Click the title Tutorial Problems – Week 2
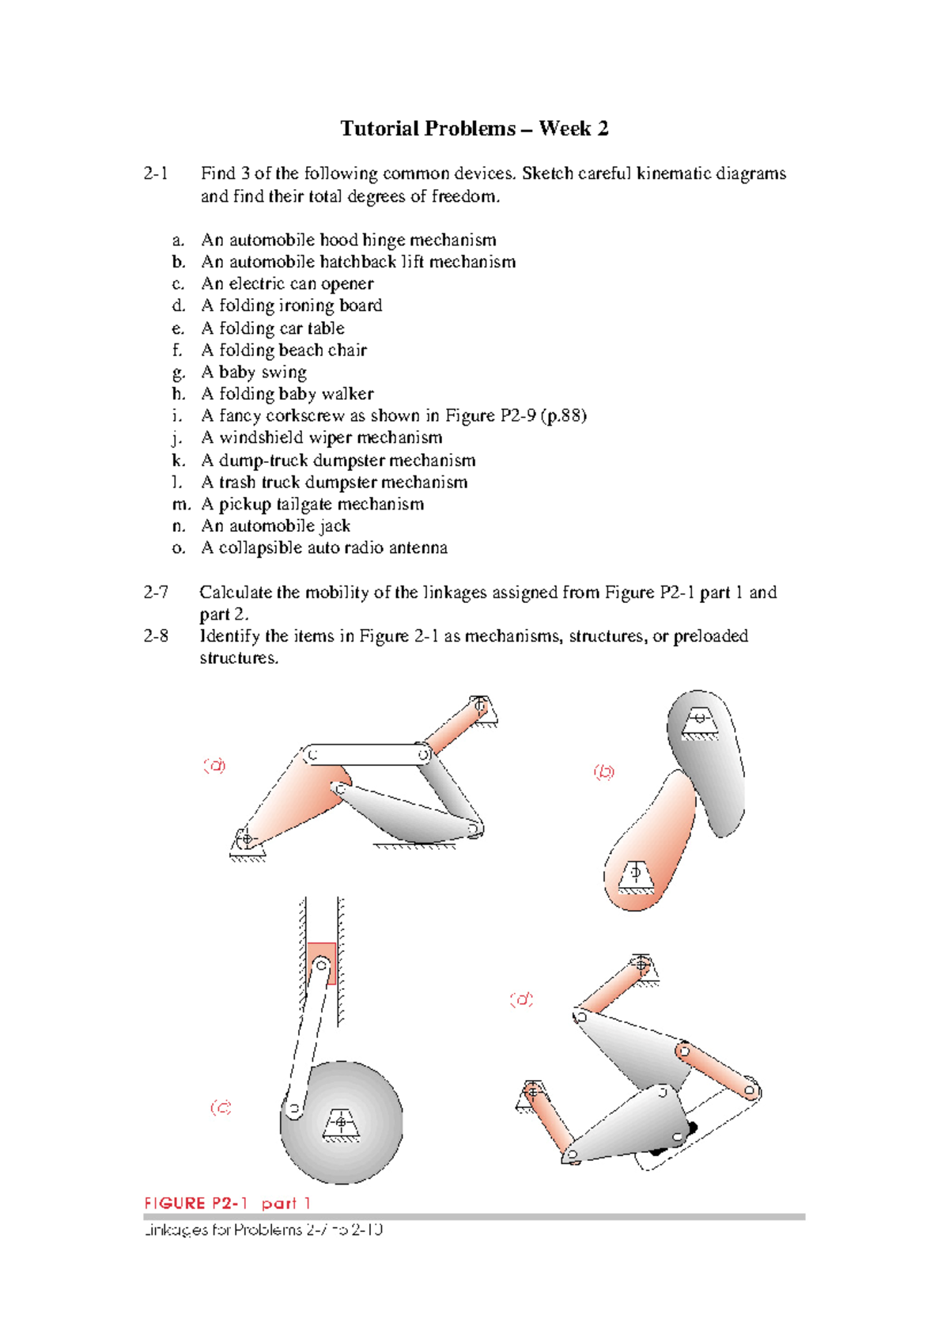(474, 129)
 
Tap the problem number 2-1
(156, 173)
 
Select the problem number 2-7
(156, 592)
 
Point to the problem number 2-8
(156, 636)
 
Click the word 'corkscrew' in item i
(305, 415)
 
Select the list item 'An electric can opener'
(287, 283)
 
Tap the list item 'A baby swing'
(254, 372)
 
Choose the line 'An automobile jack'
(275, 526)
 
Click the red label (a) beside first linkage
(214, 765)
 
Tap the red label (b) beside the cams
(604, 771)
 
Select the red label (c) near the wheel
(221, 1107)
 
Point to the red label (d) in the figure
(521, 999)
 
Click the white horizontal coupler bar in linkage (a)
(368, 754)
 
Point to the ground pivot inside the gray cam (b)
(699, 718)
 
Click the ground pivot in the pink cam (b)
(634, 873)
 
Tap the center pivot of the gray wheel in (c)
(341, 1122)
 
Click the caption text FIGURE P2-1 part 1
(227, 1203)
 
